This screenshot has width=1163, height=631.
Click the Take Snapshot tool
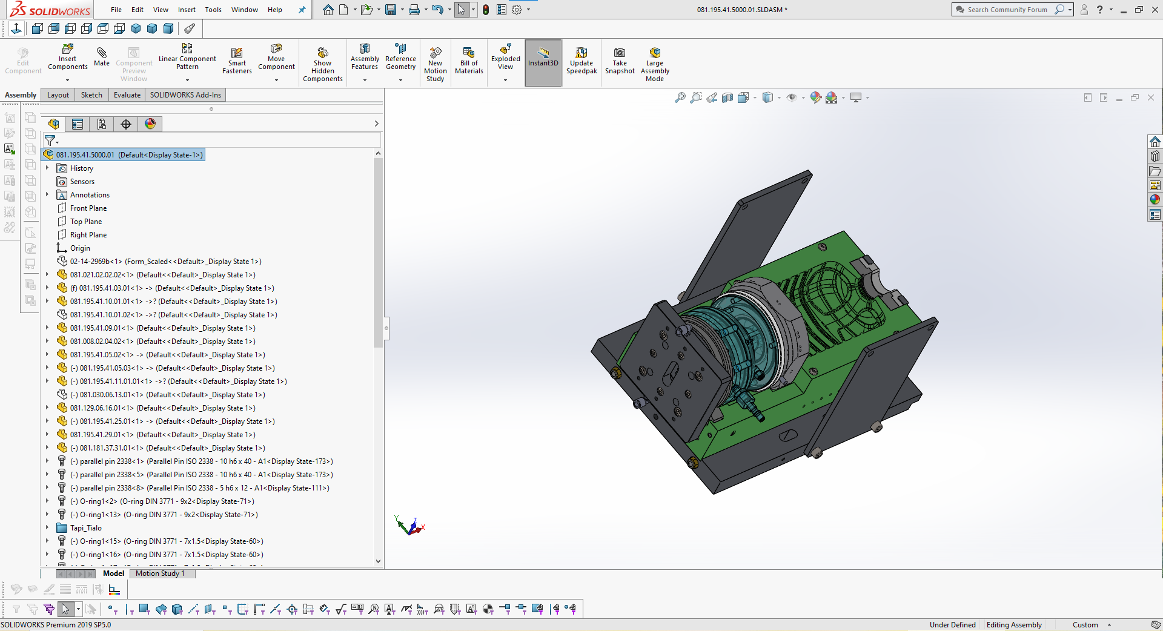click(620, 60)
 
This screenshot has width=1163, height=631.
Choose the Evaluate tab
click(127, 95)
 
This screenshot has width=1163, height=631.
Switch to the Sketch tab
click(91, 95)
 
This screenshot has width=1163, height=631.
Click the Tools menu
click(213, 10)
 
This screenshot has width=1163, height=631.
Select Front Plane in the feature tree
click(88, 208)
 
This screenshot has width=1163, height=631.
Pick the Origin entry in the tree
click(80, 248)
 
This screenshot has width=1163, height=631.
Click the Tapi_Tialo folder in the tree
click(85, 528)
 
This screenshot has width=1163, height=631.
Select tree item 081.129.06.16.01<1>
click(102, 408)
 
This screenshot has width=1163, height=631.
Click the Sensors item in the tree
click(82, 182)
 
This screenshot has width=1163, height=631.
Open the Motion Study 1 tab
click(160, 573)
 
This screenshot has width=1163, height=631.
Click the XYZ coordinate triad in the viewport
click(410, 526)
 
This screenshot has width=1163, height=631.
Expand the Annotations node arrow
click(47, 195)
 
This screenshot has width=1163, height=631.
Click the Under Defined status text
click(952, 625)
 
